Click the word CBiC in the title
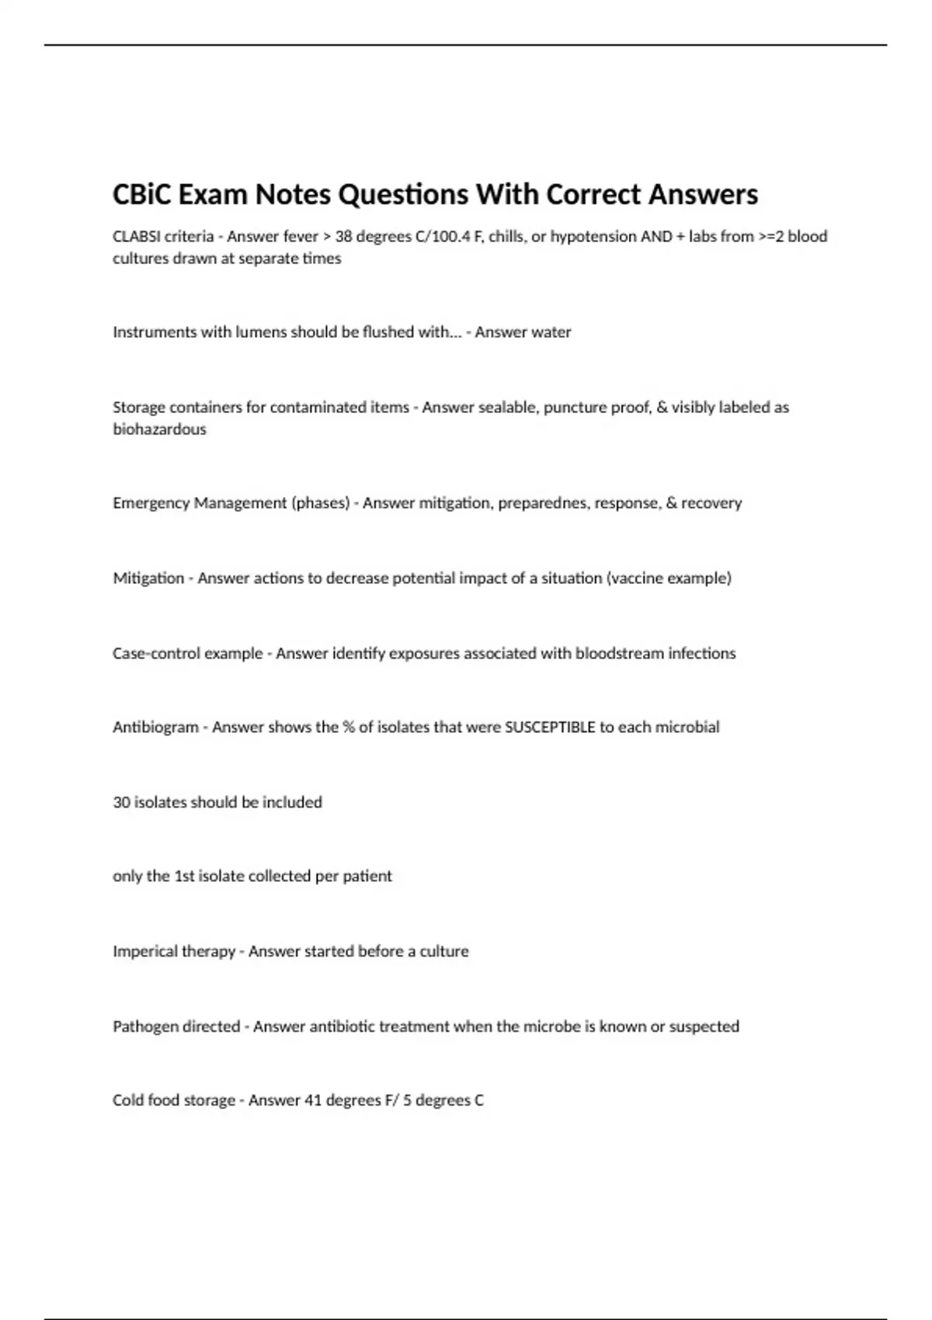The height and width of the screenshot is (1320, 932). coord(142,194)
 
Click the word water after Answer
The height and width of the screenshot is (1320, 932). coord(551,332)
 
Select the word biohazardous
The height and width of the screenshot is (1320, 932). coord(159,429)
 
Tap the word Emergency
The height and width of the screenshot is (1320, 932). coord(151,503)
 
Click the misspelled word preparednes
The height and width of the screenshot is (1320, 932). coord(542,503)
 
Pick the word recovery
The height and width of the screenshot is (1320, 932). coord(711,503)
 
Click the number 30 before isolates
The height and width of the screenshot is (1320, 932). coord(121,802)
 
